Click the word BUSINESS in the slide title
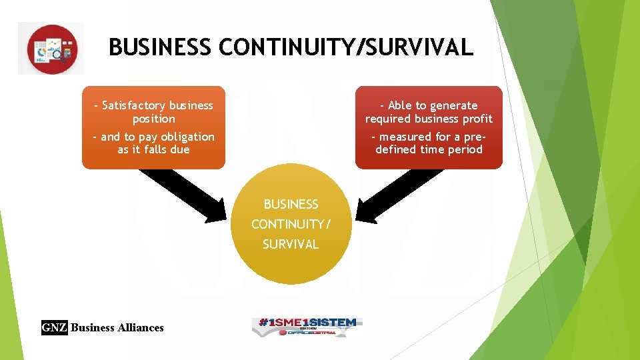161,47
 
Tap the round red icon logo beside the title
51,49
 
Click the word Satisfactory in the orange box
134,105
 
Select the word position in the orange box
153,119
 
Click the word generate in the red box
454,105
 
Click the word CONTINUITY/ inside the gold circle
291,224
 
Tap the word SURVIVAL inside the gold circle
291,244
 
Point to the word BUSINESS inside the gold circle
291,204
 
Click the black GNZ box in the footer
55,327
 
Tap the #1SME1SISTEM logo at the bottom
307,326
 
